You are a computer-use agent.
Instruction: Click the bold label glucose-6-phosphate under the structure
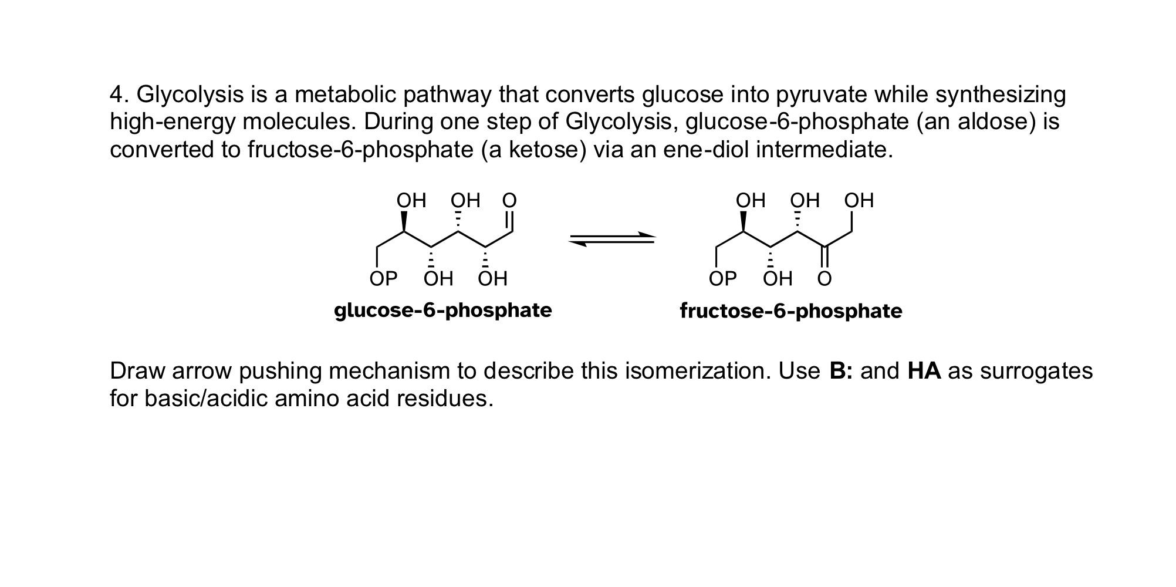point(442,310)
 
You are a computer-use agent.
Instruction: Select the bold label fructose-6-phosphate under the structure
point(790,311)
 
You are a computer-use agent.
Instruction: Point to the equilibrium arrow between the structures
point(612,239)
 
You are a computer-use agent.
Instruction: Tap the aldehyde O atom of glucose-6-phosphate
point(509,201)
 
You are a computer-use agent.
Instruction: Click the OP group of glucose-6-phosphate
point(383,279)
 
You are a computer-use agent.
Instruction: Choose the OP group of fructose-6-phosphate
point(722,279)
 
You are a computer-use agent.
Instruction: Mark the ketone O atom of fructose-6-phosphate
point(824,279)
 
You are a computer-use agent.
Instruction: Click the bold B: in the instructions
point(841,371)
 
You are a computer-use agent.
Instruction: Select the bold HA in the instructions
point(924,371)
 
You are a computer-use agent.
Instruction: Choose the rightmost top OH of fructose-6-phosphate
point(859,201)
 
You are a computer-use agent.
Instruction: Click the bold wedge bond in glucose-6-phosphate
point(404,221)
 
